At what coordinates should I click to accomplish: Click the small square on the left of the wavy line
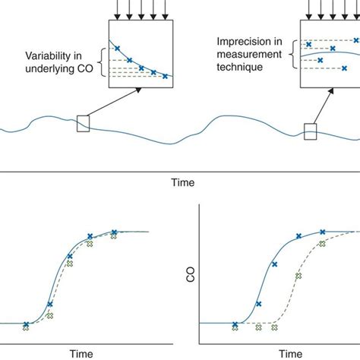click(x=83, y=123)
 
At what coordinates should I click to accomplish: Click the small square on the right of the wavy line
click(x=310, y=131)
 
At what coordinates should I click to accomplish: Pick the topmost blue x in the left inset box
click(x=116, y=48)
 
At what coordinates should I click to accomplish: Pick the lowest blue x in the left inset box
click(x=165, y=76)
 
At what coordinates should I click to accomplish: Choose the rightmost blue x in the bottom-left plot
click(x=114, y=232)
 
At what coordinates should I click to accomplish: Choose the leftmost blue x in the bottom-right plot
click(x=235, y=324)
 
